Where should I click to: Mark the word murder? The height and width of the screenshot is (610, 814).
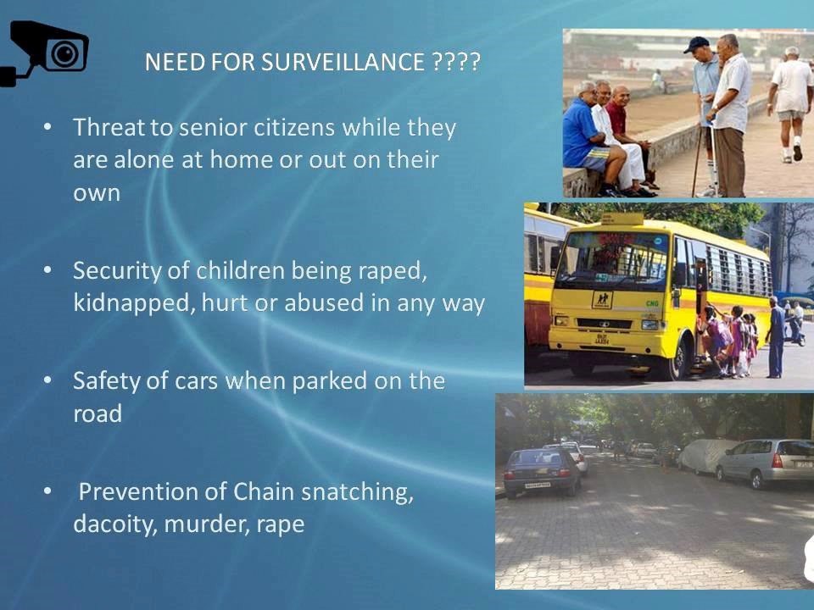tap(200, 524)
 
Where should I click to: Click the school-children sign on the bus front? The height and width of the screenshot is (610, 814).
tap(603, 299)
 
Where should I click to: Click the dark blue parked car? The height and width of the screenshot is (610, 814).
tap(541, 471)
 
